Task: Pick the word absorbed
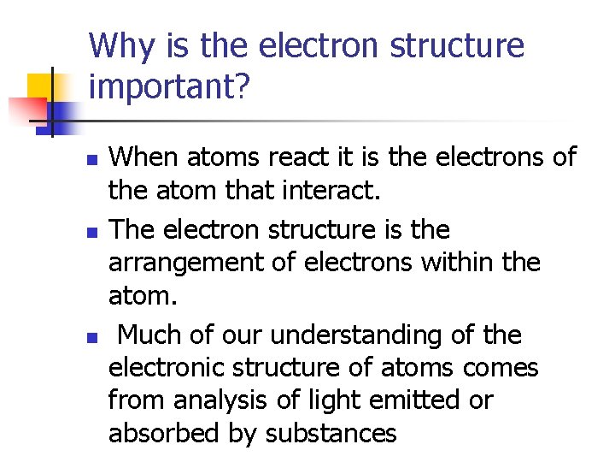click(155, 434)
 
